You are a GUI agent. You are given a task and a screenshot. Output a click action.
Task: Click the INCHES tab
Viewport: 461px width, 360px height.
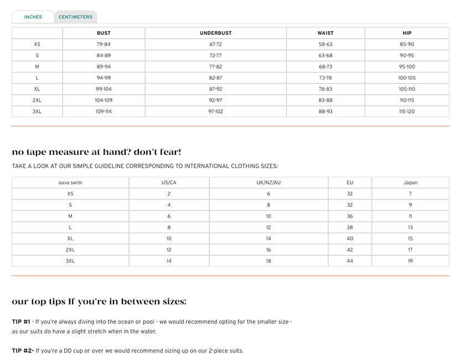coord(33,17)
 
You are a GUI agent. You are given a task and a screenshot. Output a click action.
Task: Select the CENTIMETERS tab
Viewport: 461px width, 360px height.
coord(76,17)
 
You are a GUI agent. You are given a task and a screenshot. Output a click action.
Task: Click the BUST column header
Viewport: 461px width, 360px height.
coord(103,33)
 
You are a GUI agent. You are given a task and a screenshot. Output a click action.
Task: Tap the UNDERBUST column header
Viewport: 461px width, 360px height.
coord(216,33)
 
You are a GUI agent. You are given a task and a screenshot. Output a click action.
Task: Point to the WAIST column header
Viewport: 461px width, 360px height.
coord(325,33)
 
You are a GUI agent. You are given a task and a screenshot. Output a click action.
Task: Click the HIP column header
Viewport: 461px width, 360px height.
coord(407,33)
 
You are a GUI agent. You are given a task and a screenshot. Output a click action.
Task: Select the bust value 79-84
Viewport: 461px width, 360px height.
coord(103,44)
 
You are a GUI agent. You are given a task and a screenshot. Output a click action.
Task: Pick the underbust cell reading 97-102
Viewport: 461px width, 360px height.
coord(216,111)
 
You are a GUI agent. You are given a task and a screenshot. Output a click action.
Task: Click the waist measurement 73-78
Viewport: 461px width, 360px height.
coord(325,78)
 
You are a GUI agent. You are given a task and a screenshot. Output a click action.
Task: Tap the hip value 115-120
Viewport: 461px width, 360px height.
coord(407,111)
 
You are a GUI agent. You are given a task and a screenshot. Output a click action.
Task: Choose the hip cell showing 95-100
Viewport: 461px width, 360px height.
coord(407,66)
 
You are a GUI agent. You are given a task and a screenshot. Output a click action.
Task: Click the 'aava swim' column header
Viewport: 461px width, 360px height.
coord(70,183)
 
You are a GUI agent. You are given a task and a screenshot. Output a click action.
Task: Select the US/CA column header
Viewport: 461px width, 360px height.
coord(169,183)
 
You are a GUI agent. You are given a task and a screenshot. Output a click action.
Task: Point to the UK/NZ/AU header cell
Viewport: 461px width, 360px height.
coord(268,183)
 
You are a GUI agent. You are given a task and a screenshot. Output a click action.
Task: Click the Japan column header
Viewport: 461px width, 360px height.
coord(410,183)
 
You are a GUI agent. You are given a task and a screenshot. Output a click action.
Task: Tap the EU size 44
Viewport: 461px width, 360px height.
coord(350,261)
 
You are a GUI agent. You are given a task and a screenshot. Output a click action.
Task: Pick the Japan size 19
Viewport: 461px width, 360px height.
coord(410,261)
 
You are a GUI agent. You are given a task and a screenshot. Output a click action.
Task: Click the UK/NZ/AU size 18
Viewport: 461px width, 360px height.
coord(268,261)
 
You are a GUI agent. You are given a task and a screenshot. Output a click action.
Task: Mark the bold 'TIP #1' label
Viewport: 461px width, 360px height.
coord(21,321)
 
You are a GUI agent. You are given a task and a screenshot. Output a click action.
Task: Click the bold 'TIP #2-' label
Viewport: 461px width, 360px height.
coord(23,351)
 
